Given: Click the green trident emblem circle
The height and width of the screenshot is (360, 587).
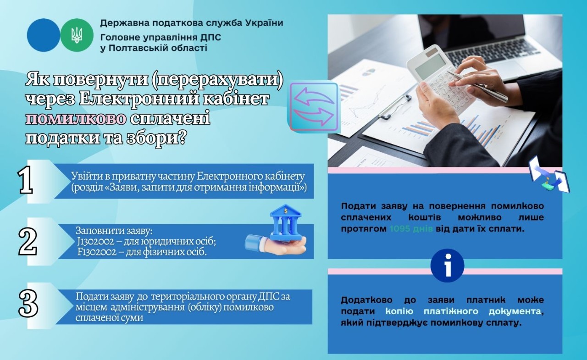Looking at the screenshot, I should click(x=77, y=35).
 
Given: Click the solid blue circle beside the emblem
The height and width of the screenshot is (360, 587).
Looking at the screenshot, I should click(x=44, y=35).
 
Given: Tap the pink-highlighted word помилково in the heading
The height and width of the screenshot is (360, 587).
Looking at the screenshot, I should click(x=76, y=118).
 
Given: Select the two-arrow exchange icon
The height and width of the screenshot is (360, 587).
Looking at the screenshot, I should click(x=313, y=106).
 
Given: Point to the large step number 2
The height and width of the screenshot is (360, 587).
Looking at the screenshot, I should click(x=28, y=242).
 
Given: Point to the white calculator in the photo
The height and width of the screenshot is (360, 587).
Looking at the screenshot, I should click(x=436, y=78).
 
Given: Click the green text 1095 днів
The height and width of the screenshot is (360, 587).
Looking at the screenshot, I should click(x=411, y=228).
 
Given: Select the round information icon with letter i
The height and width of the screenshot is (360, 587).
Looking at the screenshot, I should click(x=447, y=266).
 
